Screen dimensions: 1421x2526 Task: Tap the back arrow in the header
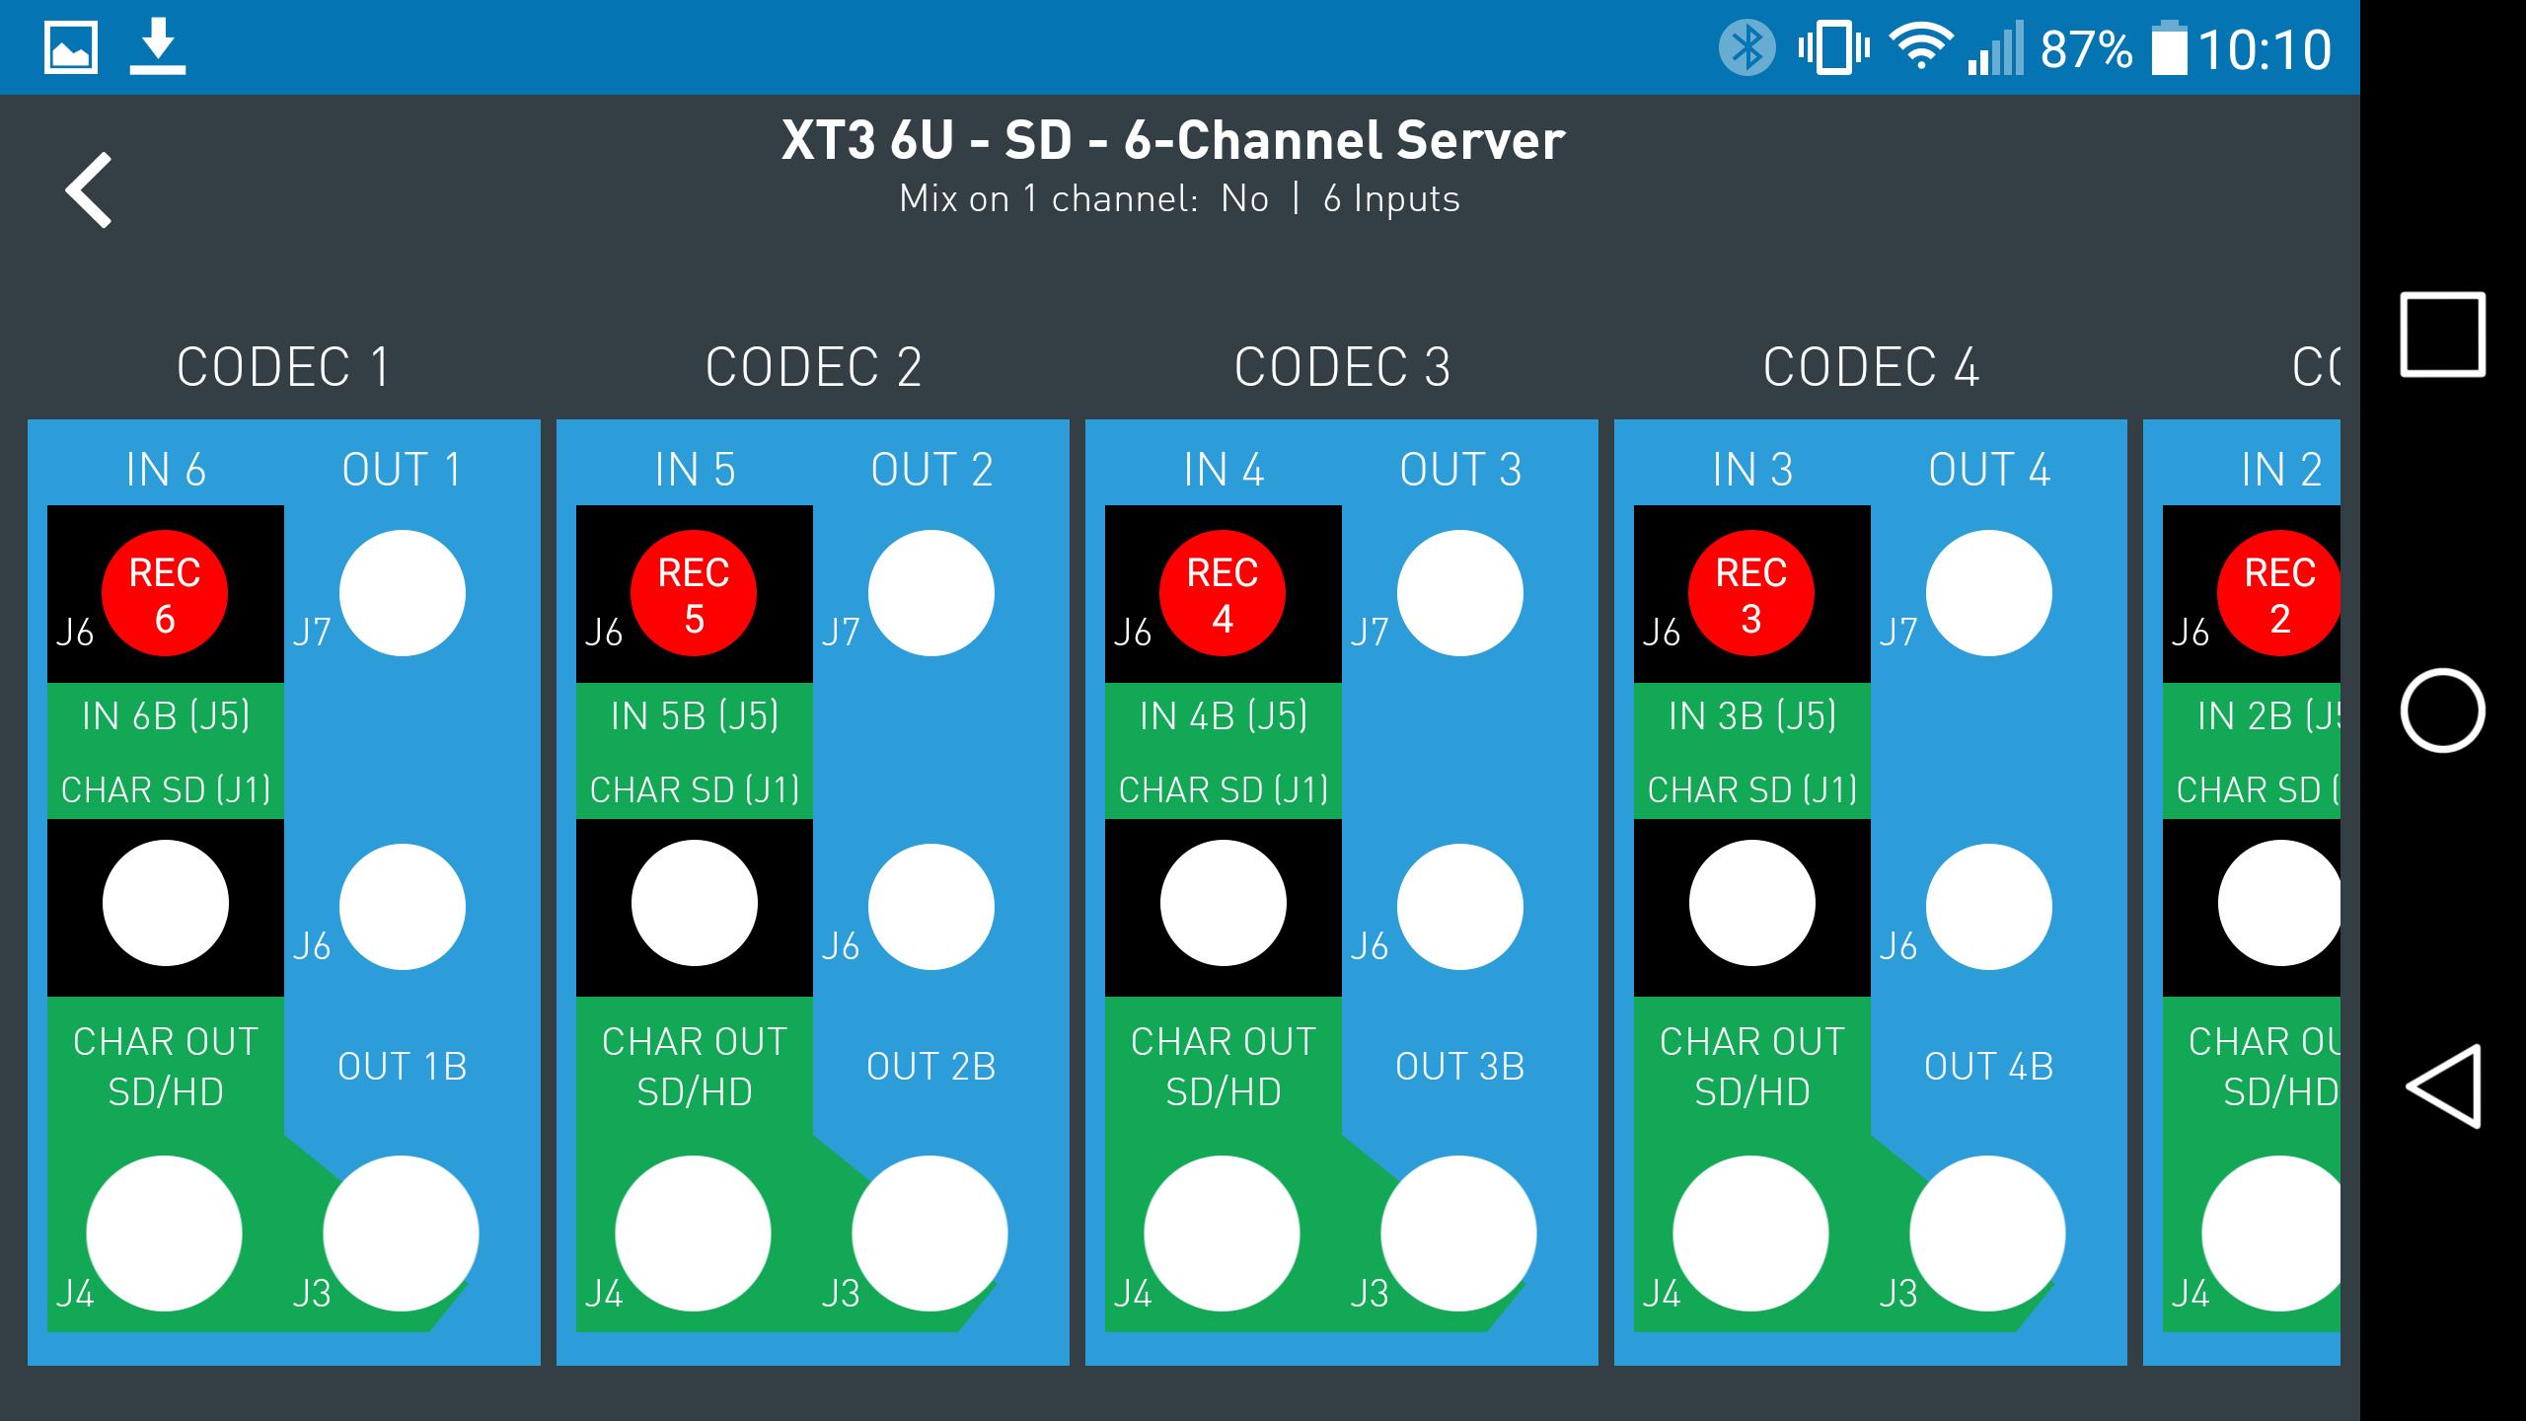[89, 190]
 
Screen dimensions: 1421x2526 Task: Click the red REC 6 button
[165, 593]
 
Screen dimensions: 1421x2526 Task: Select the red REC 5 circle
[694, 593]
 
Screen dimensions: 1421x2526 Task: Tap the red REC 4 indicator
[1223, 593]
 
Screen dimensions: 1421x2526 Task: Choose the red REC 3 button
[1751, 593]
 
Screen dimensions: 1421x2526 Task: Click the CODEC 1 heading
[283, 367]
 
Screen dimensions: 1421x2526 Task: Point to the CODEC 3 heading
[1342, 367]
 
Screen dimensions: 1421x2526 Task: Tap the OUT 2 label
[931, 470]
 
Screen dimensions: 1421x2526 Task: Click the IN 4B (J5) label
[1224, 715]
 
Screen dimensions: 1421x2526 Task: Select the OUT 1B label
[403, 1067]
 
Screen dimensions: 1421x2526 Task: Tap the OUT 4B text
[1988, 1067]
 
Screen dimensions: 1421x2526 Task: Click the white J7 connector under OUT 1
[403, 593]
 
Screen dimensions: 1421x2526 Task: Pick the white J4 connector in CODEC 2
[693, 1234]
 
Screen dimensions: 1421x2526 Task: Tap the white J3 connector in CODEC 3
[1458, 1234]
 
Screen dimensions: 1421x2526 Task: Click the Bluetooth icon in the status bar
[1746, 47]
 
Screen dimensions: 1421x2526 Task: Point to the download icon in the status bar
[158, 47]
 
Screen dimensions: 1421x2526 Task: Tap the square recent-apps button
[2442, 335]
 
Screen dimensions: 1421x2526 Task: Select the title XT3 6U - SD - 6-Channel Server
[1172, 140]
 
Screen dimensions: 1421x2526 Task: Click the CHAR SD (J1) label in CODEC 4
[1752, 789]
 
